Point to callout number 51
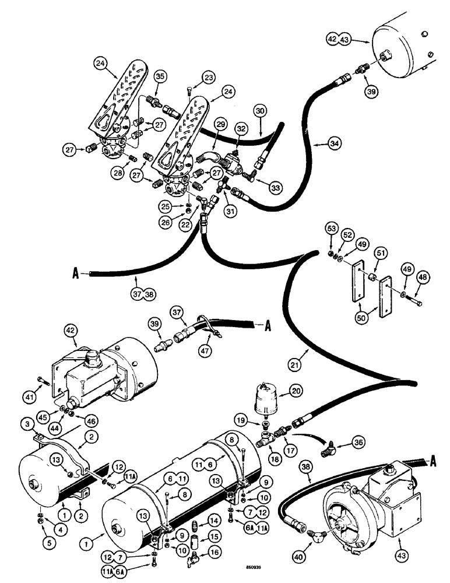(x=382, y=252)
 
